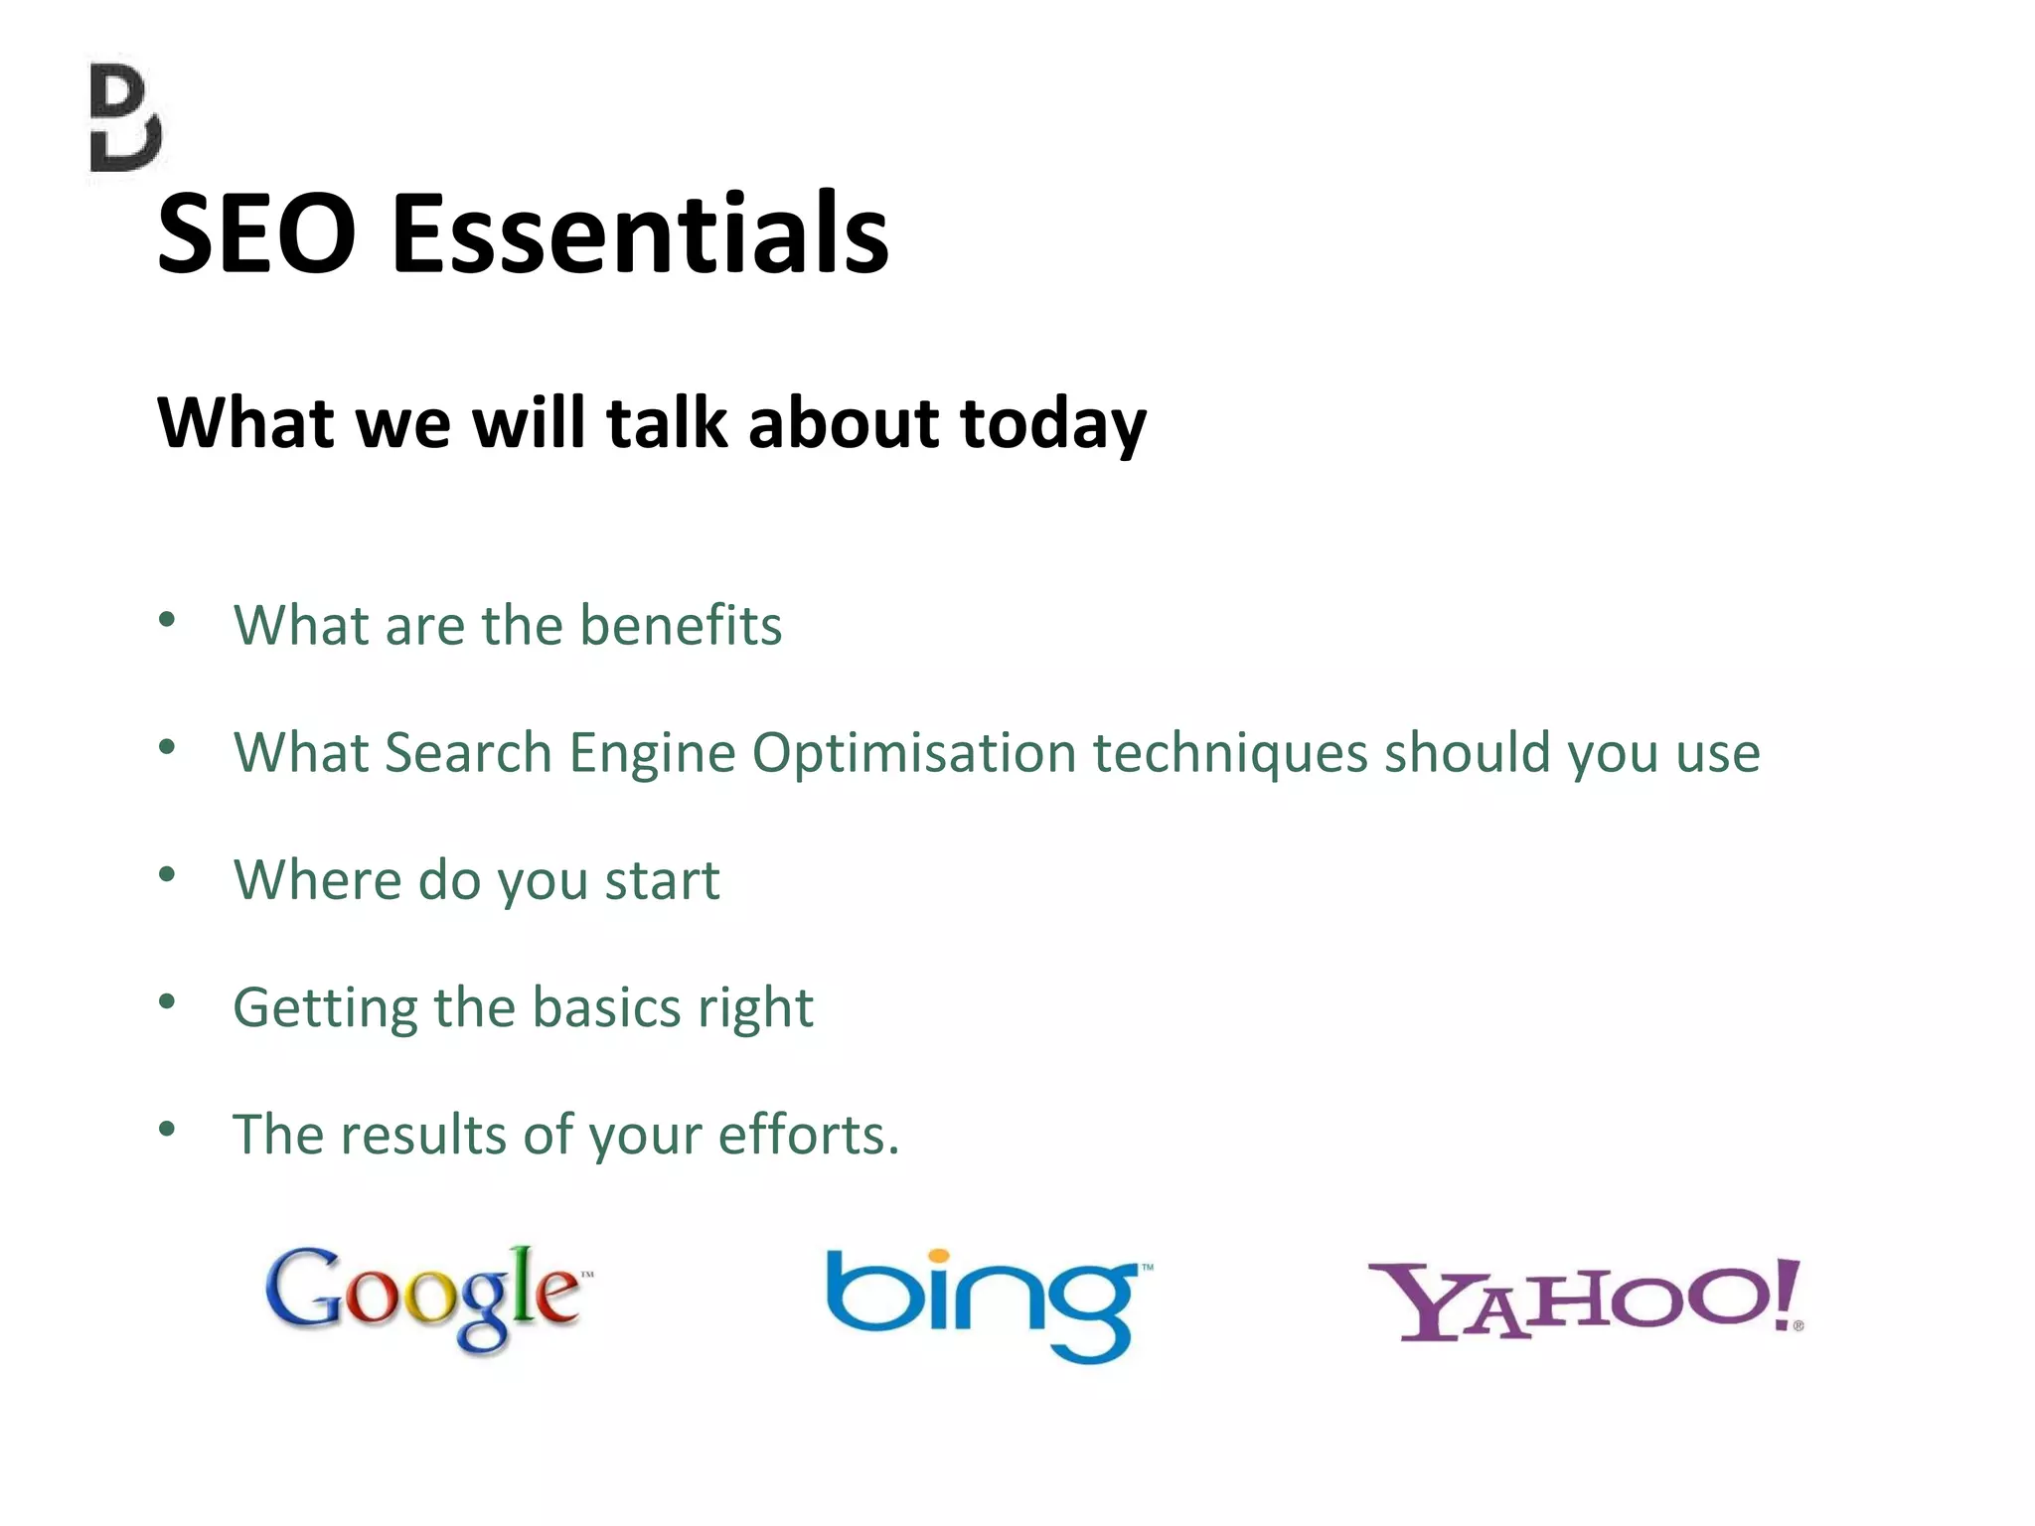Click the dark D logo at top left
click(x=125, y=119)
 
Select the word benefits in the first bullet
click(x=681, y=626)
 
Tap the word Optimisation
click(x=914, y=753)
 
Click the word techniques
click(x=1230, y=753)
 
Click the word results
click(x=423, y=1135)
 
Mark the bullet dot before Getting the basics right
click(x=167, y=1001)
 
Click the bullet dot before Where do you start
click(x=167, y=874)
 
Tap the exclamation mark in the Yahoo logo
click(x=1787, y=1292)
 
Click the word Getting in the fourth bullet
click(x=325, y=1009)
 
